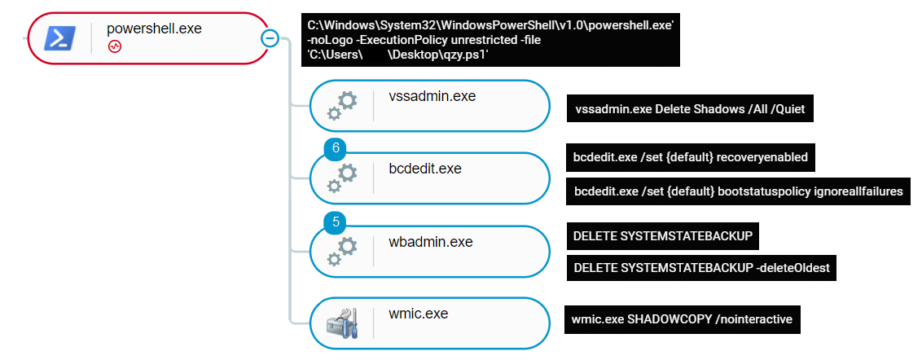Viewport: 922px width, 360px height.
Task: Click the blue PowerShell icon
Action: click(x=61, y=37)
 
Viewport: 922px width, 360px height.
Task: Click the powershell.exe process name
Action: click(x=154, y=29)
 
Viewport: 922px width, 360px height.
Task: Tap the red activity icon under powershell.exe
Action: click(x=115, y=47)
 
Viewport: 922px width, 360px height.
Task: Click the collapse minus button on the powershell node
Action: click(x=270, y=37)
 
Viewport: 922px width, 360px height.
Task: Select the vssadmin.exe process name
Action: click(x=432, y=97)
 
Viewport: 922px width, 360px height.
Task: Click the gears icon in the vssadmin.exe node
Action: click(x=342, y=105)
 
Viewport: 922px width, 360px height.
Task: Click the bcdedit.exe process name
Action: click(x=425, y=169)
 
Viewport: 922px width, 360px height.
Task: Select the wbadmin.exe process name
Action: click(x=431, y=243)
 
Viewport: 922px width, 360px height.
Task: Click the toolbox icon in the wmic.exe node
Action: click(x=342, y=323)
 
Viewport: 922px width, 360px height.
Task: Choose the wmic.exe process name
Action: click(x=418, y=314)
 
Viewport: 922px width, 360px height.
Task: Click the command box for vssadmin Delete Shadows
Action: click(x=690, y=109)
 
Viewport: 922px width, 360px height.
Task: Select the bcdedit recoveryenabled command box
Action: click(x=691, y=157)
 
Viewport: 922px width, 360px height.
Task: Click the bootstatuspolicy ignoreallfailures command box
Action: click(x=738, y=191)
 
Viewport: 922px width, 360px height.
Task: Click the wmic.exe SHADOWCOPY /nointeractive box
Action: click(x=682, y=319)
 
